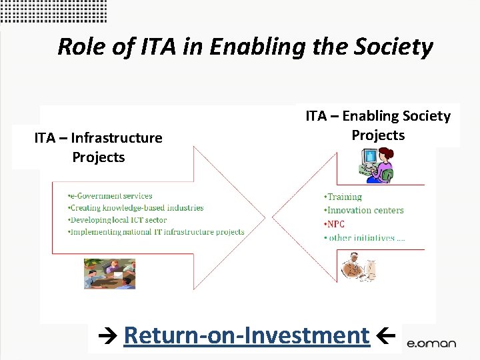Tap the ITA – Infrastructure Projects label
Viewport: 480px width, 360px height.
tap(99, 147)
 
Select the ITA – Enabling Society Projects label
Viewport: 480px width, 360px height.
tap(378, 125)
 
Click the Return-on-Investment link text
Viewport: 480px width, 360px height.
tap(247, 335)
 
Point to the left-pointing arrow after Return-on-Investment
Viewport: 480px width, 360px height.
tap(387, 335)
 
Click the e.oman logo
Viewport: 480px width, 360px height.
tap(431, 343)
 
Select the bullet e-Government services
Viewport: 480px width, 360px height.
tap(111, 196)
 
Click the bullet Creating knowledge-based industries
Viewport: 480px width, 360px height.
tap(137, 208)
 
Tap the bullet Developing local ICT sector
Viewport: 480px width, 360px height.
tap(119, 220)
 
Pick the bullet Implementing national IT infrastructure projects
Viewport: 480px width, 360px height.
tap(157, 232)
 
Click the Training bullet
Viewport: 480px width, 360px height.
tap(344, 197)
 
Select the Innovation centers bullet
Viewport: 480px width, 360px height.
tap(365, 211)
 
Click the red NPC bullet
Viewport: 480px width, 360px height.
tap(335, 224)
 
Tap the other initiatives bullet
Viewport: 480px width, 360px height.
tap(367, 238)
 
